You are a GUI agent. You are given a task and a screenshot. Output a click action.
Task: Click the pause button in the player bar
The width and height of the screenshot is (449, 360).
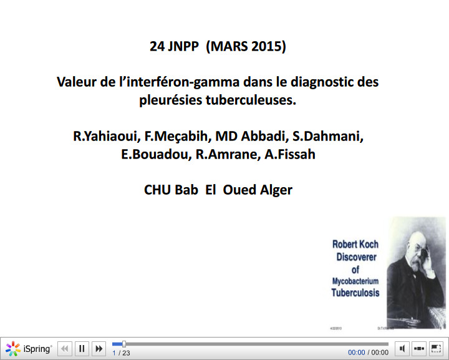(82, 349)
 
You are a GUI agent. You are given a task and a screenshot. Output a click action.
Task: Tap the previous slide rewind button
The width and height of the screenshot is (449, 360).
(65, 349)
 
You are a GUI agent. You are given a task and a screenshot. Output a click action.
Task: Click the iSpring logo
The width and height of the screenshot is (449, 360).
(29, 349)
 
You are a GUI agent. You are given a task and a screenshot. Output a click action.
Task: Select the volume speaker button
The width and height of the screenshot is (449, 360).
(403, 349)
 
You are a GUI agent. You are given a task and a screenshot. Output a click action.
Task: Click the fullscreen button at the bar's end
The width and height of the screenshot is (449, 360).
(435, 349)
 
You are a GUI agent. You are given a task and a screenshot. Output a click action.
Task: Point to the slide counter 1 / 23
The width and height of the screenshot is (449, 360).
(121, 353)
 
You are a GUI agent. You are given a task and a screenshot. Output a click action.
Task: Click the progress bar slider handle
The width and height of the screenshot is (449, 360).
(123, 344)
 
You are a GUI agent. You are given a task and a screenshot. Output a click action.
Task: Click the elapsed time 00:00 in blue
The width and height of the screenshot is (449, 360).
(356, 353)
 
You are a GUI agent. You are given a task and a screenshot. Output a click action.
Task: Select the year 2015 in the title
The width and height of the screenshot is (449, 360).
(268, 46)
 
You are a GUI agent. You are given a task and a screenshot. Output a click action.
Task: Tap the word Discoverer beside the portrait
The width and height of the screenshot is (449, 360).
(355, 256)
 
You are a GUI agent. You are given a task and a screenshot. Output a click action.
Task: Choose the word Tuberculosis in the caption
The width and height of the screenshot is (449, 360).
(355, 293)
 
